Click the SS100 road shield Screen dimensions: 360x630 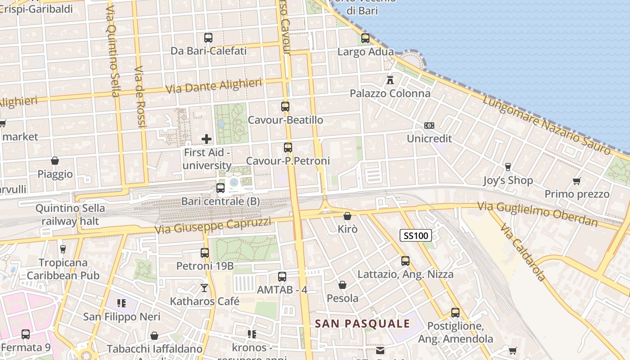click(416, 235)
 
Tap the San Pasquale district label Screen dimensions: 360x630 click(362, 324)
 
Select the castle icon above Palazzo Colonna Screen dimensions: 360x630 click(390, 80)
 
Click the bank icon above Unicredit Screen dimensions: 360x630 click(429, 126)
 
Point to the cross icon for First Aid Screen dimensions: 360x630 click(207, 139)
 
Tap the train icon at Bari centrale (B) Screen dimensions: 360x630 click(220, 188)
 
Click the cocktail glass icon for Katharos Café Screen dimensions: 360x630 click(205, 288)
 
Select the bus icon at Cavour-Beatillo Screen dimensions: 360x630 click(285, 107)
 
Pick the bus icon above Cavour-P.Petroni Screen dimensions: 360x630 click(288, 147)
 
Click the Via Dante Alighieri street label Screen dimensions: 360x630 click(214, 86)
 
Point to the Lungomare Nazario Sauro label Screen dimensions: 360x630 click(547, 125)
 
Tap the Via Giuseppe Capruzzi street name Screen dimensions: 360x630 click(213, 225)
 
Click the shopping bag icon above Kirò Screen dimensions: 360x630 click(347, 216)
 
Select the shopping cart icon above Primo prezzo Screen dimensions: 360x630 click(576, 181)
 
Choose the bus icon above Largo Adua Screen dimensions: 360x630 click(365, 38)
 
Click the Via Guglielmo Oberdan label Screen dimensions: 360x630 click(538, 214)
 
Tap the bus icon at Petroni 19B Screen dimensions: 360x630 click(205, 253)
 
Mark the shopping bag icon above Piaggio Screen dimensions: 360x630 click(55, 161)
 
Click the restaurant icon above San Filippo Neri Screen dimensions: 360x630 click(121, 303)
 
